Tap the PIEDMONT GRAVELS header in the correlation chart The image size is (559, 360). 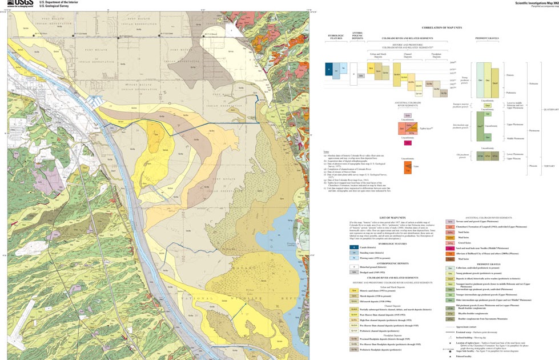click(x=487, y=39)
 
